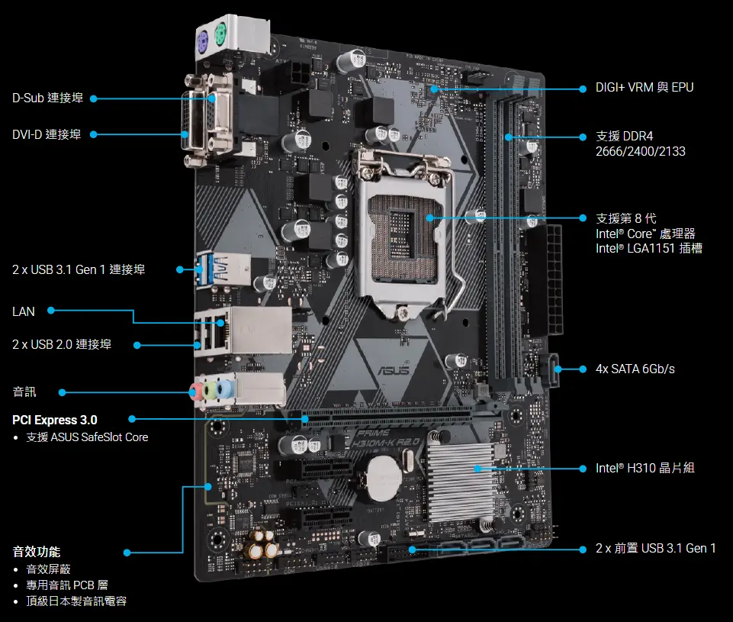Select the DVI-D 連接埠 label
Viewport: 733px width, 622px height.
pos(47,134)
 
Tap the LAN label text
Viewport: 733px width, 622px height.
pos(24,311)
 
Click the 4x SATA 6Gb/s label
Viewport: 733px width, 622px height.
pos(635,369)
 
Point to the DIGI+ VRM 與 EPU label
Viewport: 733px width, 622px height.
pos(645,88)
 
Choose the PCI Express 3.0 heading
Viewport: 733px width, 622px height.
pos(55,420)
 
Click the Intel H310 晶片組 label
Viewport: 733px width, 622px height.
pos(645,468)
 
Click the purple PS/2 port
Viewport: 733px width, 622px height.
pos(203,39)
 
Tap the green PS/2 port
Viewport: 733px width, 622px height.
pos(220,33)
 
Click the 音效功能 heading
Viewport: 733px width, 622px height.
pos(37,551)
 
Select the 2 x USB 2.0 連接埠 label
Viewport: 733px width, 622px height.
pos(62,345)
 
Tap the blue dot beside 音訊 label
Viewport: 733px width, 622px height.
pos(62,392)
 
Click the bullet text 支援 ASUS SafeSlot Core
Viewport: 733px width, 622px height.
pos(87,437)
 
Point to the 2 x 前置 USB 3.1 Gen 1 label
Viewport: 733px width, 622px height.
pos(656,549)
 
